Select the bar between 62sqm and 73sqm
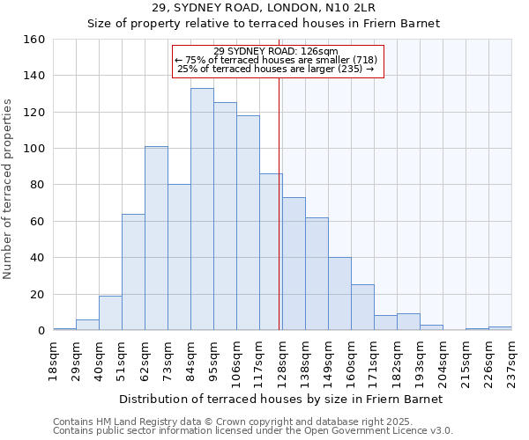tap(156, 238)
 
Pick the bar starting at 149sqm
tap(339, 294)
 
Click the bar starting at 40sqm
tap(110, 313)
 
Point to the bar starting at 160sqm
tap(362, 308)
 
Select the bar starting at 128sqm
tap(294, 264)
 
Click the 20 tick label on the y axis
tap(37, 294)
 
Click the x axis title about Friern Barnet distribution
tap(280, 399)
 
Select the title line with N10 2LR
tap(264, 8)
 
